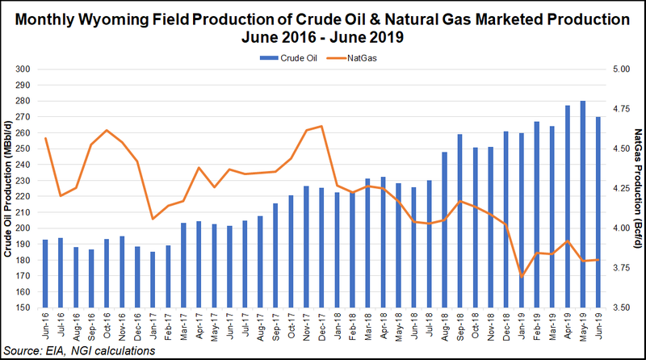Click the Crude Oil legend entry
click(283, 57)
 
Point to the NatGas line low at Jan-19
click(522, 277)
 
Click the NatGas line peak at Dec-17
click(322, 126)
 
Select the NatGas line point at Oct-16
click(107, 130)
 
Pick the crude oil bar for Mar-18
click(368, 243)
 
